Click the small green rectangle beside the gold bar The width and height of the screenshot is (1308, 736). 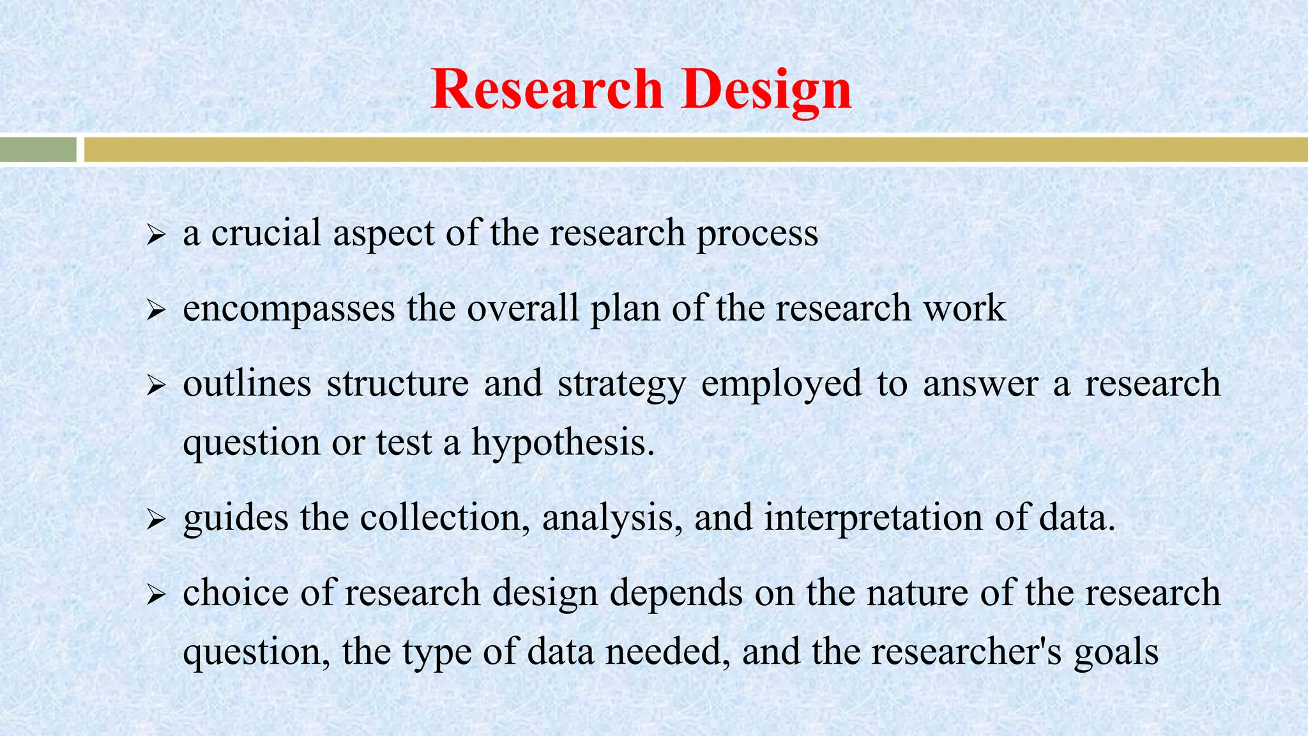(38, 149)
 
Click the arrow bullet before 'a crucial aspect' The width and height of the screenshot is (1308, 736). (156, 235)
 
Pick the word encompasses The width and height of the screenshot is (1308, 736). (289, 309)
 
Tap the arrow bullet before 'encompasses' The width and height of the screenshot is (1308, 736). (156, 310)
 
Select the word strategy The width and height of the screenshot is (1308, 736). (621, 385)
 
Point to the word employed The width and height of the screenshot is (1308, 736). (781, 385)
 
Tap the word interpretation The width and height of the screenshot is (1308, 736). (873, 517)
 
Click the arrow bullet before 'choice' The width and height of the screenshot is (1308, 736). (156, 595)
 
